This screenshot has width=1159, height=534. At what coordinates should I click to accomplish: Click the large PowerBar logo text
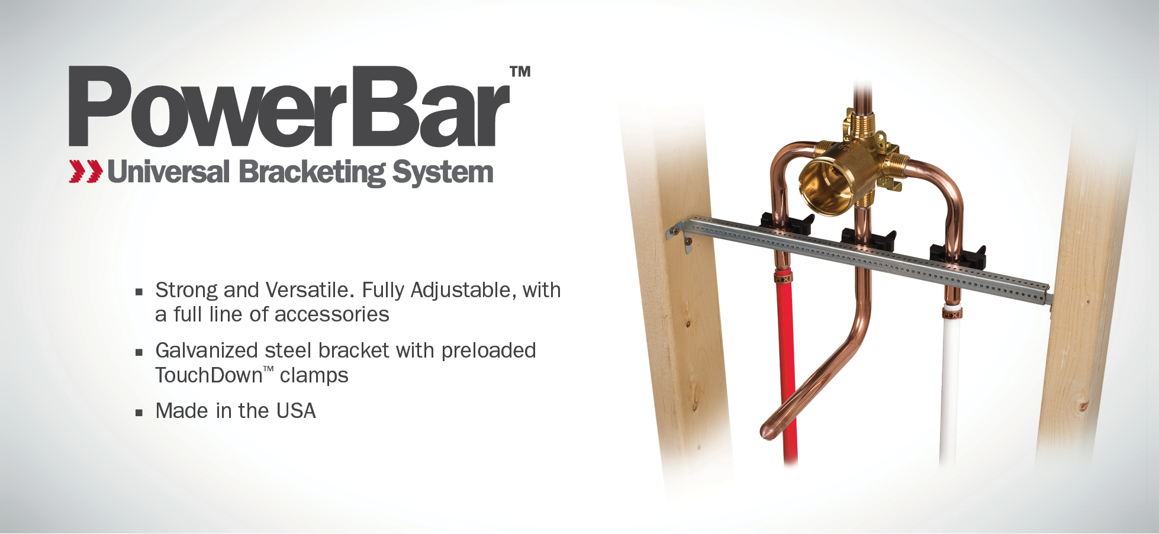coord(289,107)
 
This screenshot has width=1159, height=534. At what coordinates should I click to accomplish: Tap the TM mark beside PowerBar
coord(520,72)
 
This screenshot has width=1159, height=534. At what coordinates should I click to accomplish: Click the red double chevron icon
coord(86,171)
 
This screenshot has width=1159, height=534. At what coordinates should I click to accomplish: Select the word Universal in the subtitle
coord(168,172)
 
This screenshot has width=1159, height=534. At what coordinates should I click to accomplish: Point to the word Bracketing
coord(313,173)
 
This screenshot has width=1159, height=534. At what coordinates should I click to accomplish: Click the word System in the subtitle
coord(443,173)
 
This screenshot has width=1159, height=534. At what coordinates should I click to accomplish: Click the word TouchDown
coord(209,375)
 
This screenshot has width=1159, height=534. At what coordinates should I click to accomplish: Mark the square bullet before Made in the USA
coord(139,413)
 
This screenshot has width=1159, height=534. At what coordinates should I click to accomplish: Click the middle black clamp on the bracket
coord(868,239)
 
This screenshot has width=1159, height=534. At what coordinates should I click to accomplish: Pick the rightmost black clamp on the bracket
coord(958,255)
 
